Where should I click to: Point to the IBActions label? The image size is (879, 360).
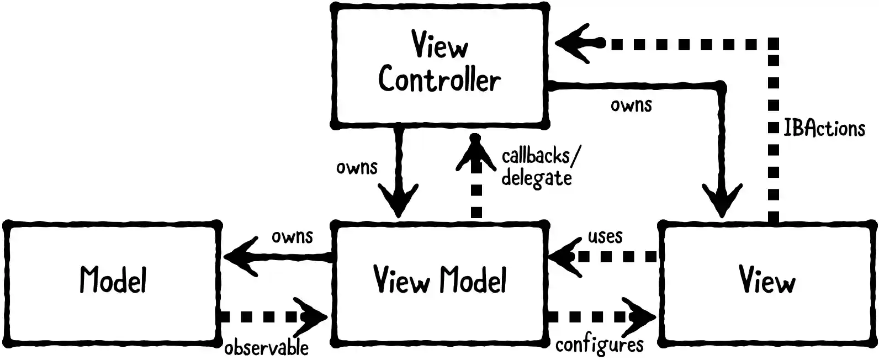pos(824,128)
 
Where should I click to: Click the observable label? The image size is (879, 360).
pos(266,348)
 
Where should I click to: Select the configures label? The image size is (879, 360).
pos(600,345)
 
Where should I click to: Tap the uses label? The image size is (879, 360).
pos(605,236)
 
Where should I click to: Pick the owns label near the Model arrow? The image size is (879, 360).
pos(292,236)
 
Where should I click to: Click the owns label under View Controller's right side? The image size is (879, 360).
pos(631,104)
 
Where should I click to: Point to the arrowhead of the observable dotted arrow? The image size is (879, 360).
pos(312,317)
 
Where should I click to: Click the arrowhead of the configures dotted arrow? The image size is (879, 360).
pos(640,317)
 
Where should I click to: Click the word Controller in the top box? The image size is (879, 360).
pos(439,80)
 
